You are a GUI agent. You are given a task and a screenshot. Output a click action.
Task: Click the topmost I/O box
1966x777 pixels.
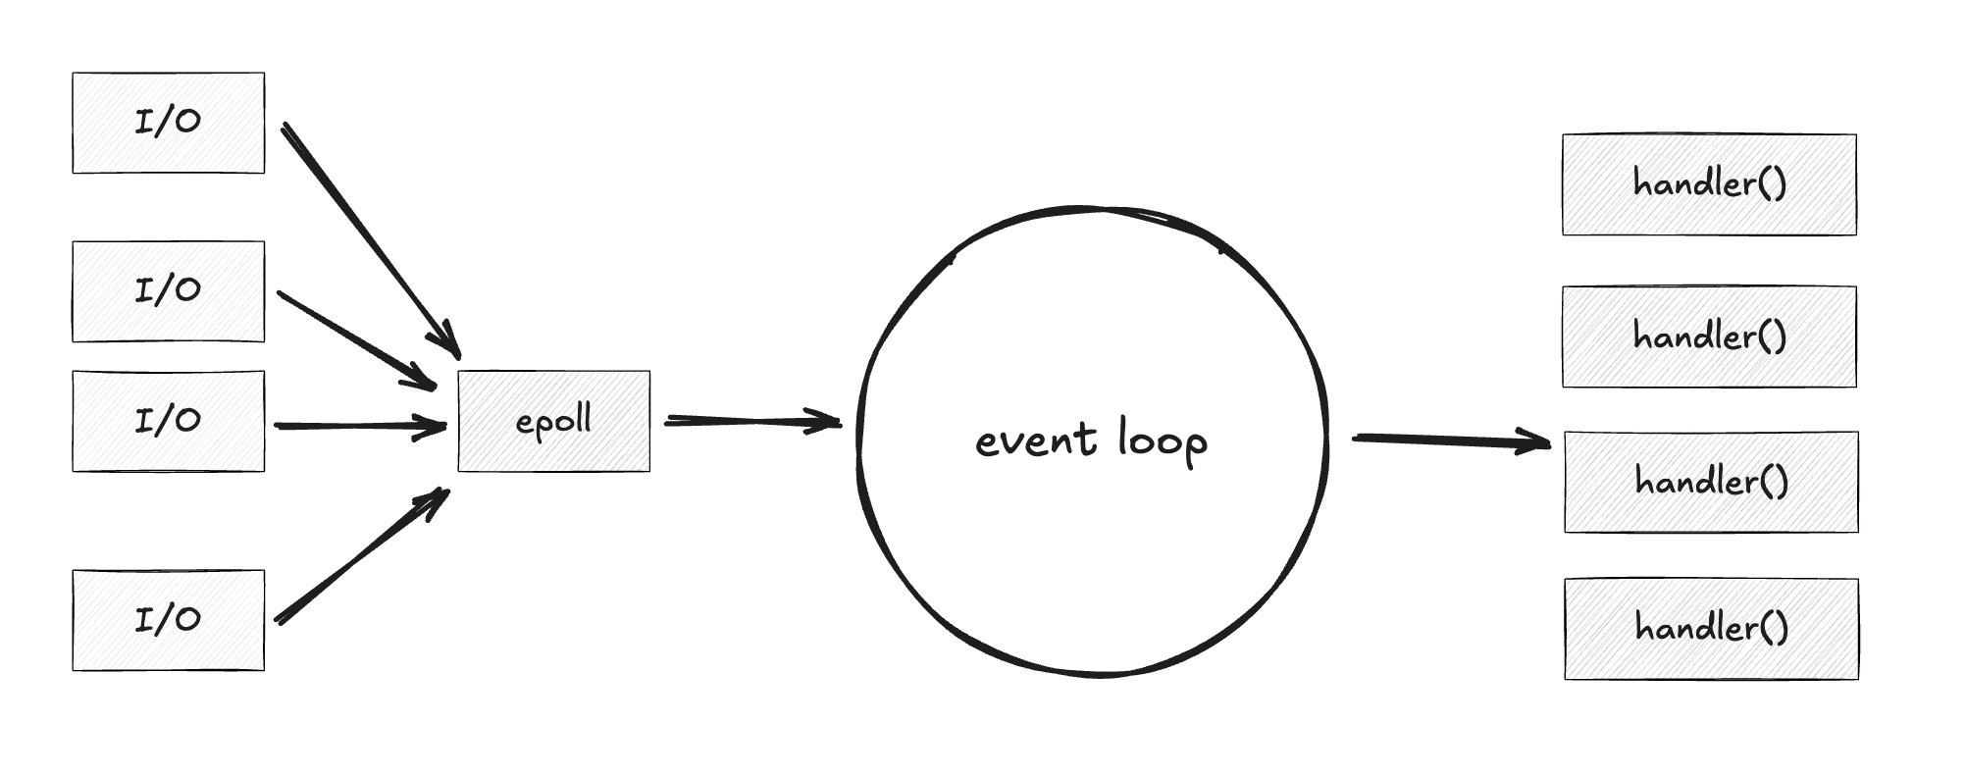(168, 123)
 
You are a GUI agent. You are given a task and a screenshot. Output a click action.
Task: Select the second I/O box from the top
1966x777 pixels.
(168, 291)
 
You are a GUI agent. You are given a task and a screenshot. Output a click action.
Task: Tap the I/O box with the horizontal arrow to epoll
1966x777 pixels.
(168, 421)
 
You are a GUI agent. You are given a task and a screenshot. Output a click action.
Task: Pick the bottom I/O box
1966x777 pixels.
(168, 620)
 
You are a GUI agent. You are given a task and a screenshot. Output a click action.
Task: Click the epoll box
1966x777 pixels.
(553, 421)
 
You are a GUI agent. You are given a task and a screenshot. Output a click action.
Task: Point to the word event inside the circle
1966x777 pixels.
(1035, 440)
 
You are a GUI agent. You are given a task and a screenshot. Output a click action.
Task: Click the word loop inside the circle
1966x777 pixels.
(1163, 441)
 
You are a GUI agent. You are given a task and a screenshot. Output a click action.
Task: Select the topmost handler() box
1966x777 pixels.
(1709, 184)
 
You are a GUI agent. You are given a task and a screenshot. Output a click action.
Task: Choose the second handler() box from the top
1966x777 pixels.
(1709, 337)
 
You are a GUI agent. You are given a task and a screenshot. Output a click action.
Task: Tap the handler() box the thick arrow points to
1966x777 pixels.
(1711, 482)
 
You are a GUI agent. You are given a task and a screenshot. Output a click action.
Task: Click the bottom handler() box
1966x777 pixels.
(1711, 629)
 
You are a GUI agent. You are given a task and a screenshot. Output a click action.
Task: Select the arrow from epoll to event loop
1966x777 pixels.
(750, 421)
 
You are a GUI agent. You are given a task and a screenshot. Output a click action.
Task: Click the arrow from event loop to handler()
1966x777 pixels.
(1447, 440)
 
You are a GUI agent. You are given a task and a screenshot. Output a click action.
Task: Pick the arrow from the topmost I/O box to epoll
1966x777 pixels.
(368, 235)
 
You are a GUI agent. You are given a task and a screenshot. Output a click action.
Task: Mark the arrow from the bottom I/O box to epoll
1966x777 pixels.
(358, 558)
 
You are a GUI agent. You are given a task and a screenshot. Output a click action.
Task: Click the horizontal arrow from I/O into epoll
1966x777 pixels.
(358, 426)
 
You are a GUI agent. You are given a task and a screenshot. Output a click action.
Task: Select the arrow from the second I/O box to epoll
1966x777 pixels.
(353, 337)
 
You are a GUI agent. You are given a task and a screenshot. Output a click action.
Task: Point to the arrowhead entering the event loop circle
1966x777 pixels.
(829, 423)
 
